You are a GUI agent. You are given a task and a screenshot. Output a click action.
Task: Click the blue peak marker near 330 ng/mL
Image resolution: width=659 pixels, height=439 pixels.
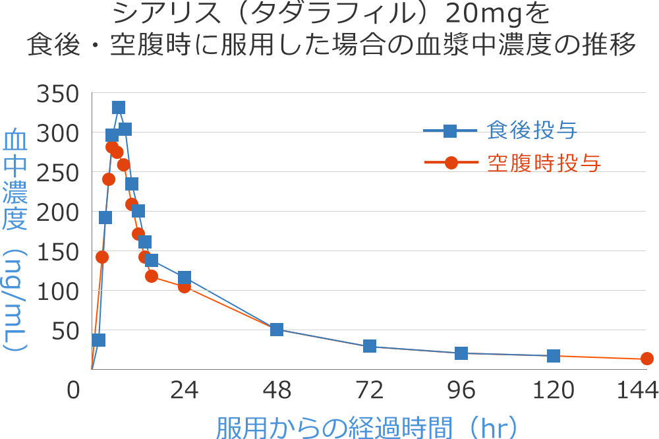(119, 107)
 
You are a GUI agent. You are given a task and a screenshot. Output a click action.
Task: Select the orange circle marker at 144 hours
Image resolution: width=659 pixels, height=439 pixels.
(647, 359)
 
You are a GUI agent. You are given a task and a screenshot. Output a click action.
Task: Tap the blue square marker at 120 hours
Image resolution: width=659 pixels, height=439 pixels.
(554, 356)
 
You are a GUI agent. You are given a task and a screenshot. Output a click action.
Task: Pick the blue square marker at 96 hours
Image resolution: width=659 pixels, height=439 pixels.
(461, 353)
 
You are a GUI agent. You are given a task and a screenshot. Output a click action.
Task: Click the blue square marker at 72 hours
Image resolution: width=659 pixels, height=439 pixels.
(370, 346)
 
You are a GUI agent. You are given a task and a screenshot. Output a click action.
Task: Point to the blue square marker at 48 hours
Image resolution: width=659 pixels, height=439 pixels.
(277, 330)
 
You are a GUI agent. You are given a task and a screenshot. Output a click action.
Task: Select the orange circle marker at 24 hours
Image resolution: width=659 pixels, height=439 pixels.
(185, 286)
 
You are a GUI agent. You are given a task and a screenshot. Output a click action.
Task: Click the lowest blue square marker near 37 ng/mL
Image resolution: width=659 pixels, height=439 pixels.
(99, 340)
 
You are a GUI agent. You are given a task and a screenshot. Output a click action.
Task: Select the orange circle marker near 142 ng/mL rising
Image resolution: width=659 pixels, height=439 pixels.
(102, 257)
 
